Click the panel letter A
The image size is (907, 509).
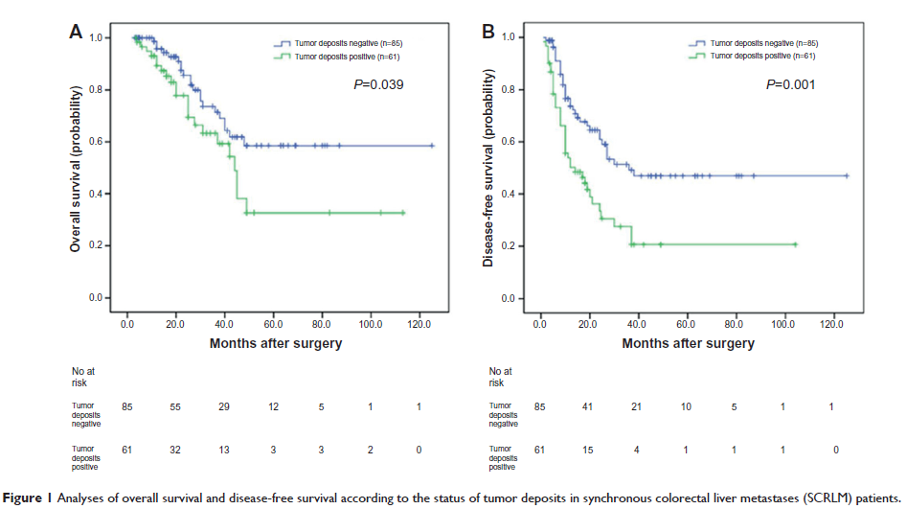coord(76,32)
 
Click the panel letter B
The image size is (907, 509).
coord(488,32)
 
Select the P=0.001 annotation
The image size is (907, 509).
coord(791,85)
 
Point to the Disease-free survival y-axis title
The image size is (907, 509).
coord(488,168)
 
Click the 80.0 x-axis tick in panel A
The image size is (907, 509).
coord(322,323)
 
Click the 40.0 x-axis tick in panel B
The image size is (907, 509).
coord(639,323)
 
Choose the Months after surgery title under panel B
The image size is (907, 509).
coord(688,343)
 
